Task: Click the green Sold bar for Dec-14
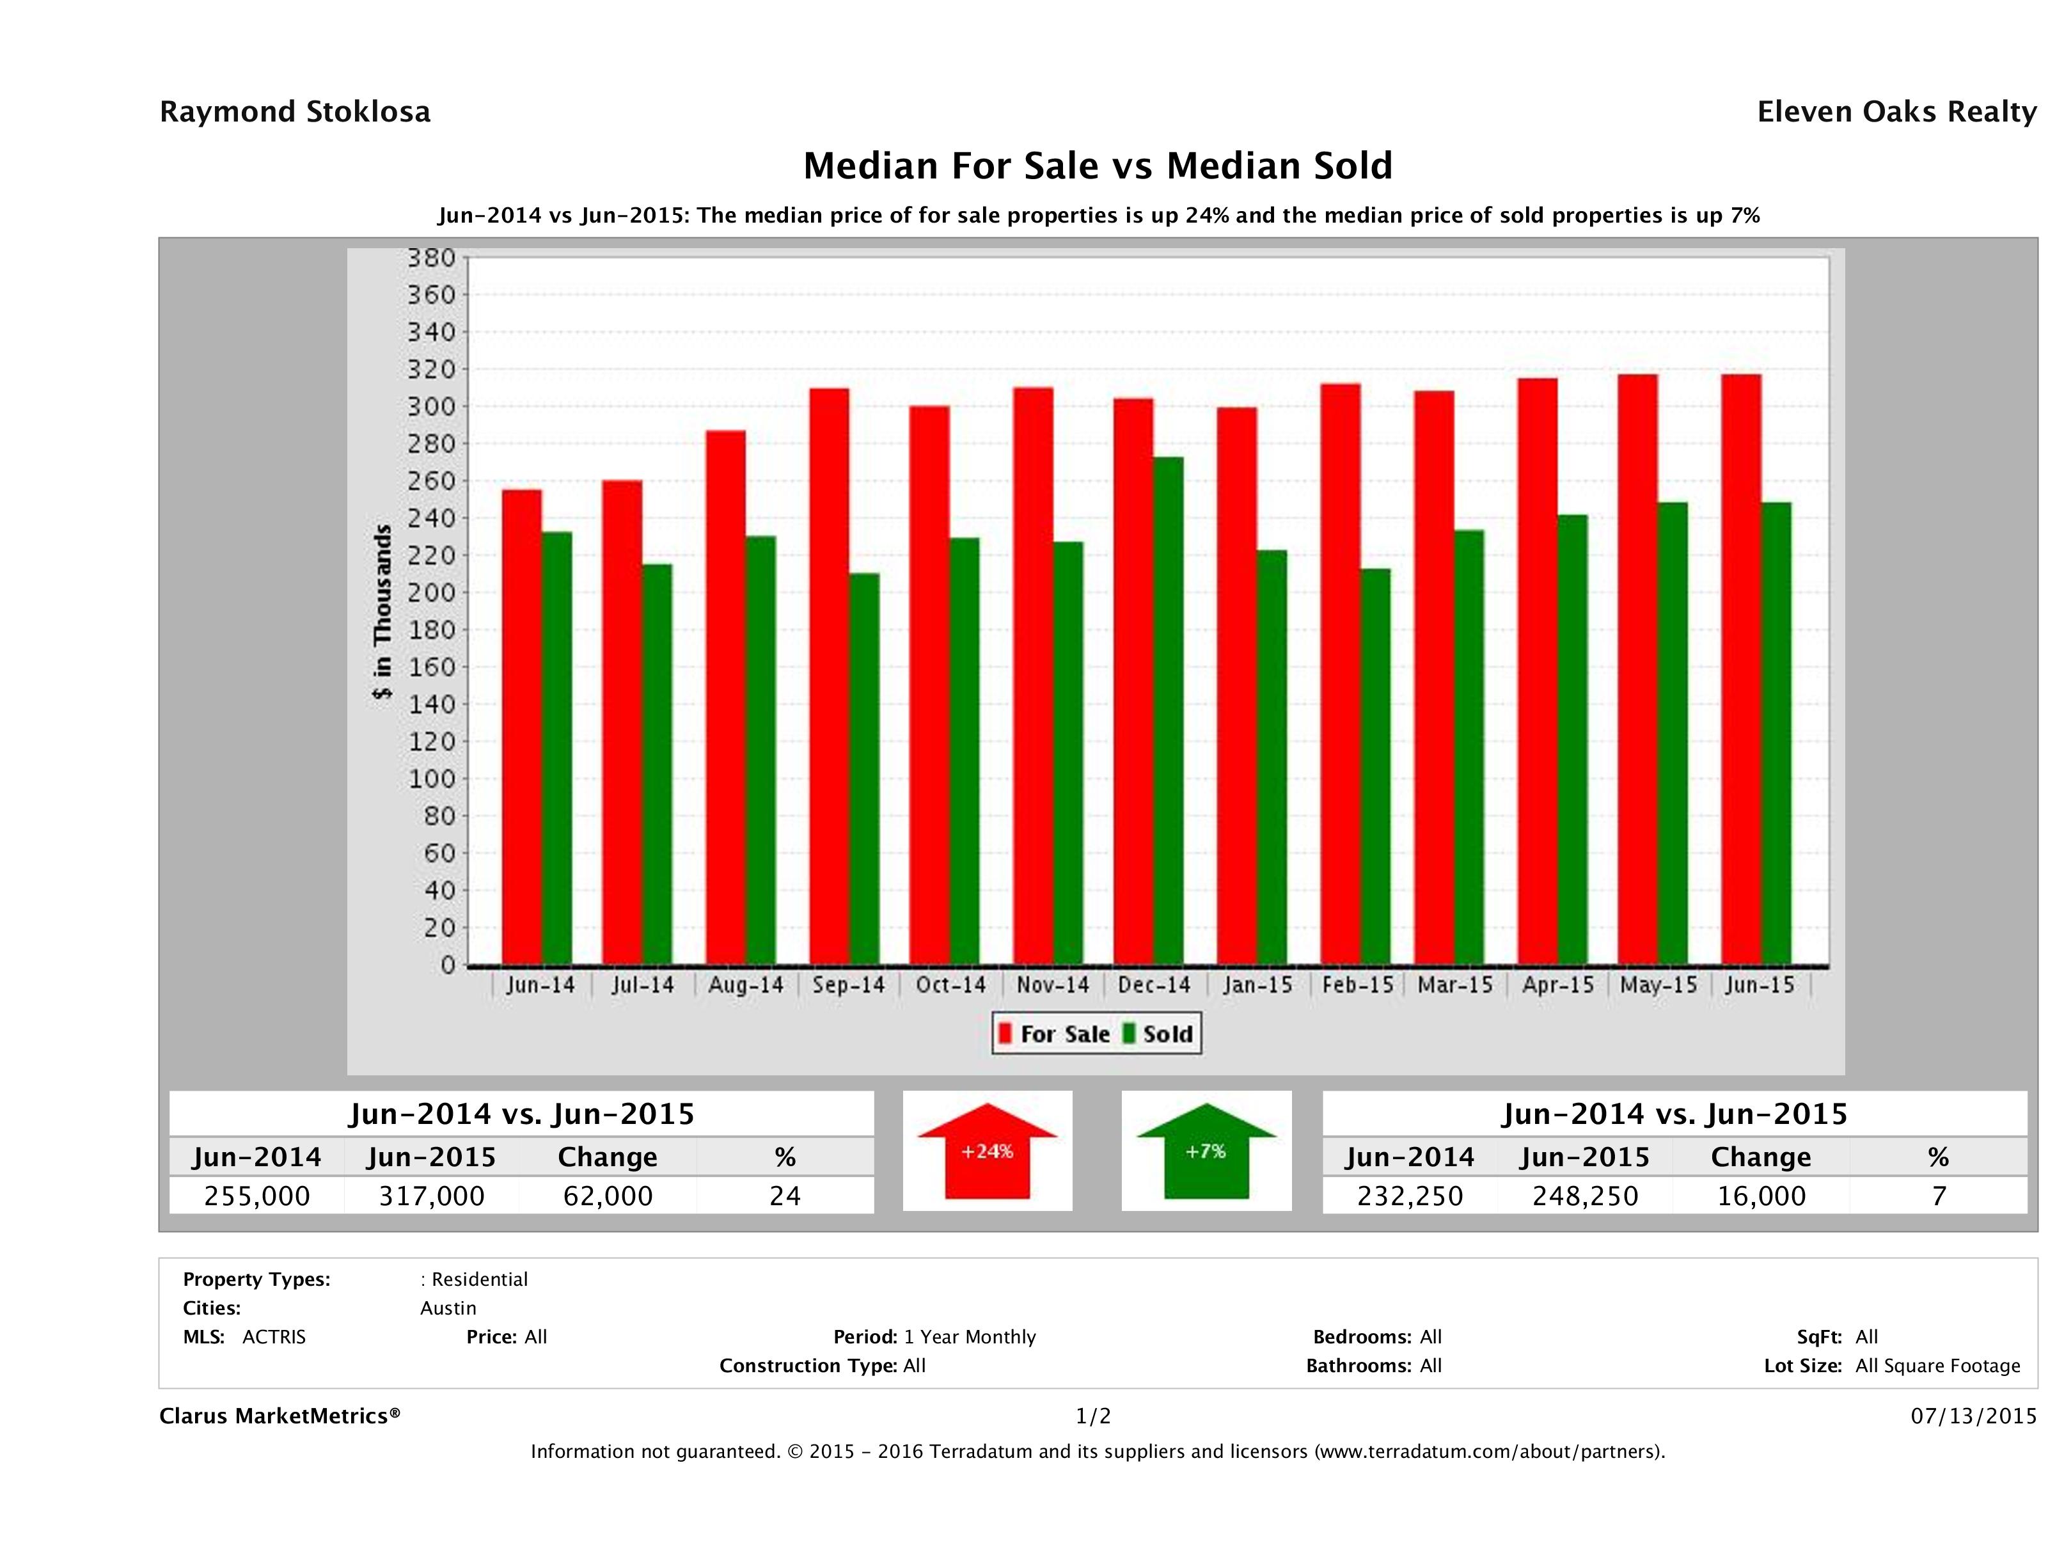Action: (1168, 710)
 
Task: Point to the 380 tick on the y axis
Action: (431, 258)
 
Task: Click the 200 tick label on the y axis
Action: (431, 592)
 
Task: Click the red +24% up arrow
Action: (987, 1151)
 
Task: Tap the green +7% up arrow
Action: (1206, 1151)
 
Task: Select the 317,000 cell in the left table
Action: (431, 1196)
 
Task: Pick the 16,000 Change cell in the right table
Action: (1761, 1196)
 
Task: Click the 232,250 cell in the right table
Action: (1410, 1196)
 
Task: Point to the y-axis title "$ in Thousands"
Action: (382, 612)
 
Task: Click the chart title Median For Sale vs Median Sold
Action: (1098, 166)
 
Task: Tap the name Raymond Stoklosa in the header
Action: (295, 112)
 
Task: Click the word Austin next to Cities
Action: (448, 1308)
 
